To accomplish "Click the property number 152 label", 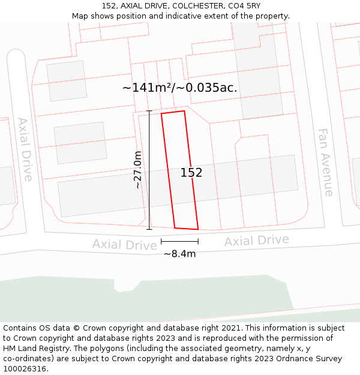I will point(191,173).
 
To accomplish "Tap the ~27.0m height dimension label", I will point(138,170).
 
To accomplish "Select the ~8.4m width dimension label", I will point(180,254).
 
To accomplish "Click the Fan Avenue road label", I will point(326,162).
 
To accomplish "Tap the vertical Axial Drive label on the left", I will point(25,149).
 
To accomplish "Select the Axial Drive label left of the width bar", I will point(125,244).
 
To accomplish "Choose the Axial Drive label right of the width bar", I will point(256,241).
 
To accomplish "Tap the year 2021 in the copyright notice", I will point(231,328).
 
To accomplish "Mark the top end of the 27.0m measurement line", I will point(149,111).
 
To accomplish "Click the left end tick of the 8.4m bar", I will point(161,241).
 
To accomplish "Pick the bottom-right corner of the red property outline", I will point(198,229).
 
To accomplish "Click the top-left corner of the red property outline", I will point(161,113).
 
